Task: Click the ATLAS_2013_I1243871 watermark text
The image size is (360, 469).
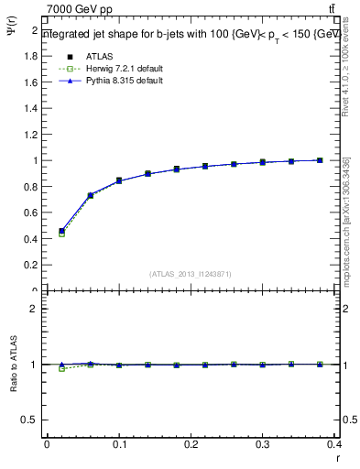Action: pyautogui.click(x=191, y=274)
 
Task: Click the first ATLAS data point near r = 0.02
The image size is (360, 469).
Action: pyautogui.click(x=61, y=231)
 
